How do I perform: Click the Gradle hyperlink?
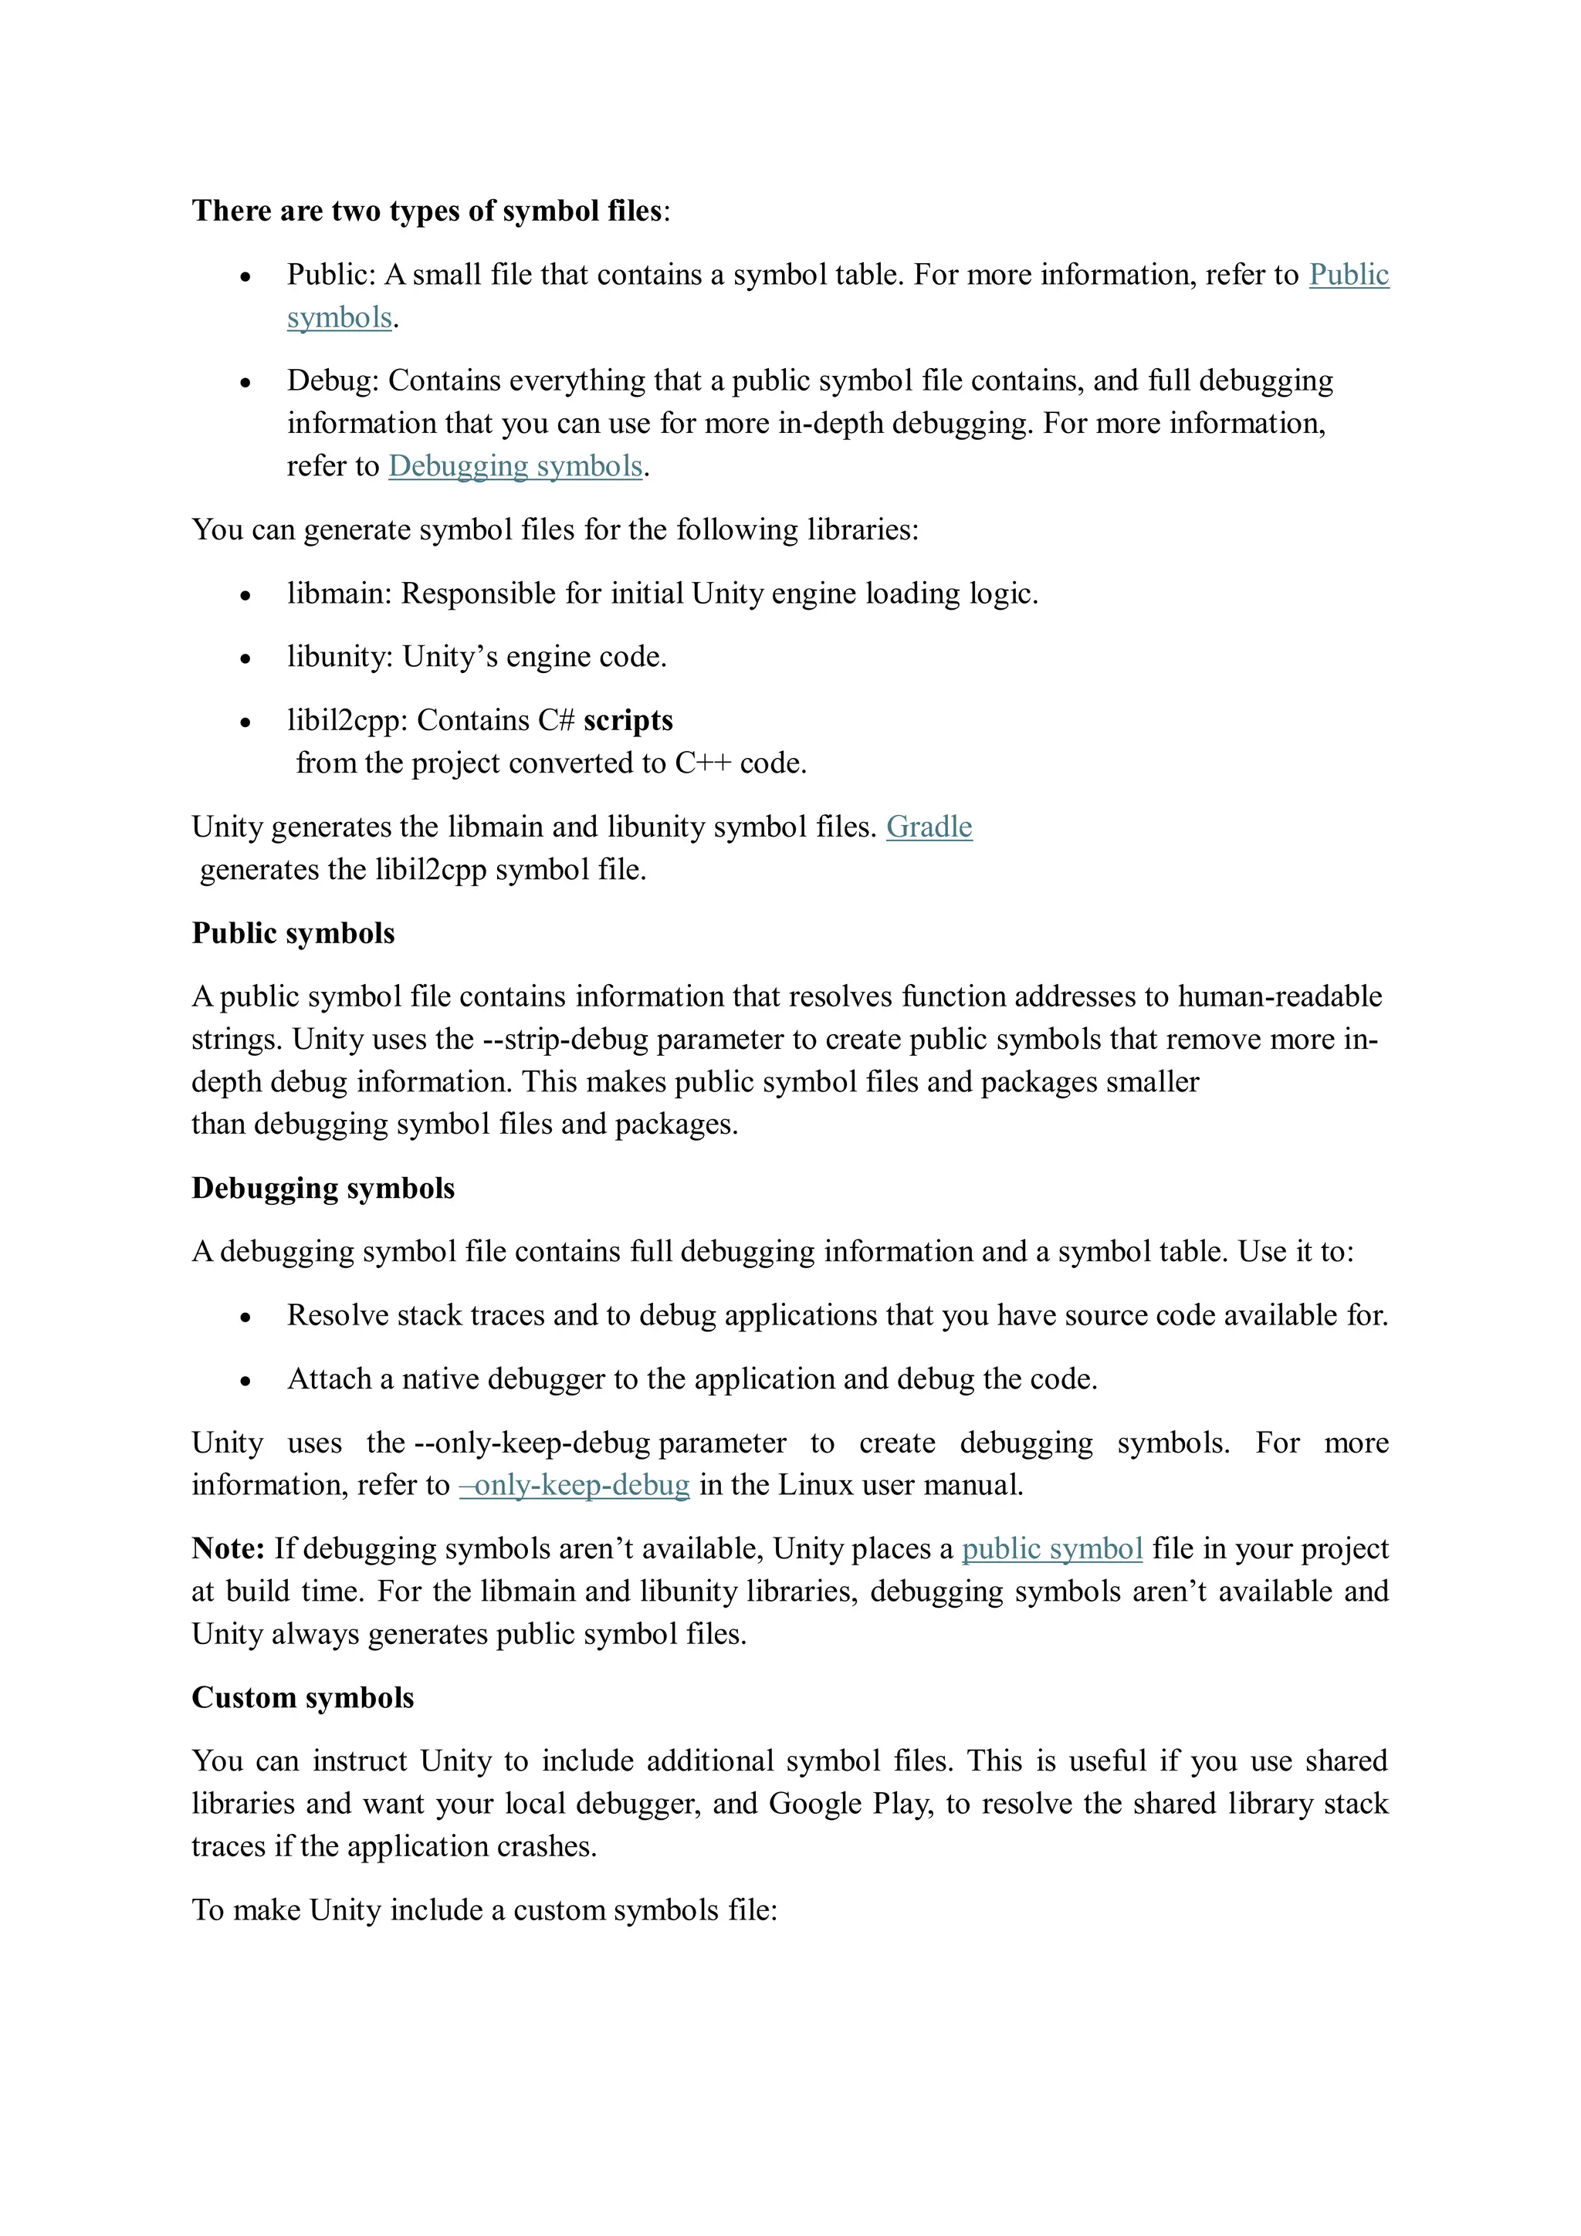tap(929, 827)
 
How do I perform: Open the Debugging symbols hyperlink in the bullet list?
tap(516, 466)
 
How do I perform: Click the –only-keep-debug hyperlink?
tap(574, 1485)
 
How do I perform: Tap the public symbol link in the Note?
tap(1051, 1548)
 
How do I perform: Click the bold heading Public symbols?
tap(293, 933)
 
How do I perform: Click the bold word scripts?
tap(628, 721)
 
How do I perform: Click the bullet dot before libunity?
tap(245, 659)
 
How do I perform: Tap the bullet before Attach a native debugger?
tap(245, 1382)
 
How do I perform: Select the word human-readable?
tap(1279, 996)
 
